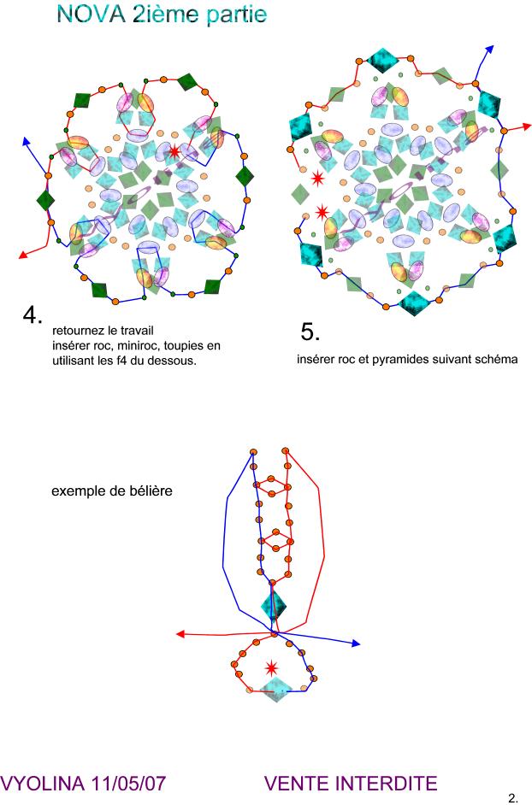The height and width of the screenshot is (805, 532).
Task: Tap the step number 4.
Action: [x=33, y=314]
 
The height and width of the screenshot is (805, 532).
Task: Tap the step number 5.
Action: [x=310, y=331]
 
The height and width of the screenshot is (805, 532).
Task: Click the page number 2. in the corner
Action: [x=513, y=798]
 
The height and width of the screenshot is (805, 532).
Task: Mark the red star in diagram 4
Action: [x=174, y=151]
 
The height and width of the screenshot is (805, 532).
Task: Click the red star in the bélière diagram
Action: [x=272, y=667]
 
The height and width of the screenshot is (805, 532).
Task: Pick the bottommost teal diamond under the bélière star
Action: [x=275, y=690]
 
